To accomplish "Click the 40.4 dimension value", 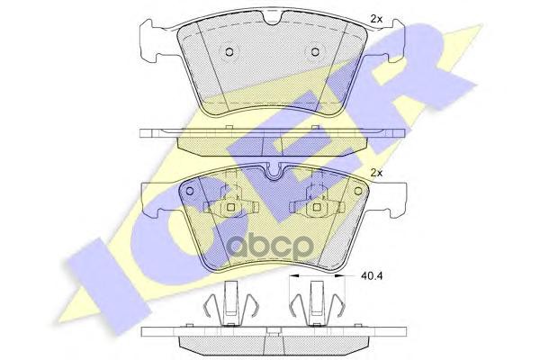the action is (372, 275).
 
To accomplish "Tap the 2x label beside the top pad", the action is (376, 19).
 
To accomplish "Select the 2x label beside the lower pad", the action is (376, 173).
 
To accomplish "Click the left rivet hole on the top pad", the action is (229, 52).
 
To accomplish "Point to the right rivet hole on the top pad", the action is (315, 52).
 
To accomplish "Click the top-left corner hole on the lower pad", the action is (189, 191).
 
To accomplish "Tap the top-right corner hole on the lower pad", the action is (358, 191).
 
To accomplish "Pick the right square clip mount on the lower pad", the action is (317, 207).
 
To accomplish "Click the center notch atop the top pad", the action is (274, 16).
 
